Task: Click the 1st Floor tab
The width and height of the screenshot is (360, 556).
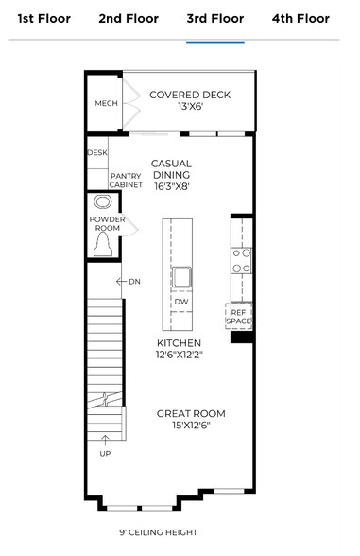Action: [43, 18]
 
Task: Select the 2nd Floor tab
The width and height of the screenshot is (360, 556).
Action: [129, 18]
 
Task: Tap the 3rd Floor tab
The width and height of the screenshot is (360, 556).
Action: [214, 18]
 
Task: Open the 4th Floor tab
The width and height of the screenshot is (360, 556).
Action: [300, 18]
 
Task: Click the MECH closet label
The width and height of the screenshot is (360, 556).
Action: [106, 103]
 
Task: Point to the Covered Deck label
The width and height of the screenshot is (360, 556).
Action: [189, 95]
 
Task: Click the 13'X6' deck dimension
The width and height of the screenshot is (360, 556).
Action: [189, 108]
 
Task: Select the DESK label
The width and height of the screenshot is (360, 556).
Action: [97, 152]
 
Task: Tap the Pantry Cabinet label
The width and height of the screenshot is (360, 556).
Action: [126, 181]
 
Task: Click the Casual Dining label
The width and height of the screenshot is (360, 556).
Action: [171, 169]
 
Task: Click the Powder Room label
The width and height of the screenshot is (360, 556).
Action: [106, 224]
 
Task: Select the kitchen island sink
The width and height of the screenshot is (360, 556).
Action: [182, 277]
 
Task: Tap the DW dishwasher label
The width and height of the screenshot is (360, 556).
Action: [180, 302]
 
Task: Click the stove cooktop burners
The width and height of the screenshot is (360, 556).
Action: [242, 260]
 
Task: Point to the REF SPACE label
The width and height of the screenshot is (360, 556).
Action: [238, 316]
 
